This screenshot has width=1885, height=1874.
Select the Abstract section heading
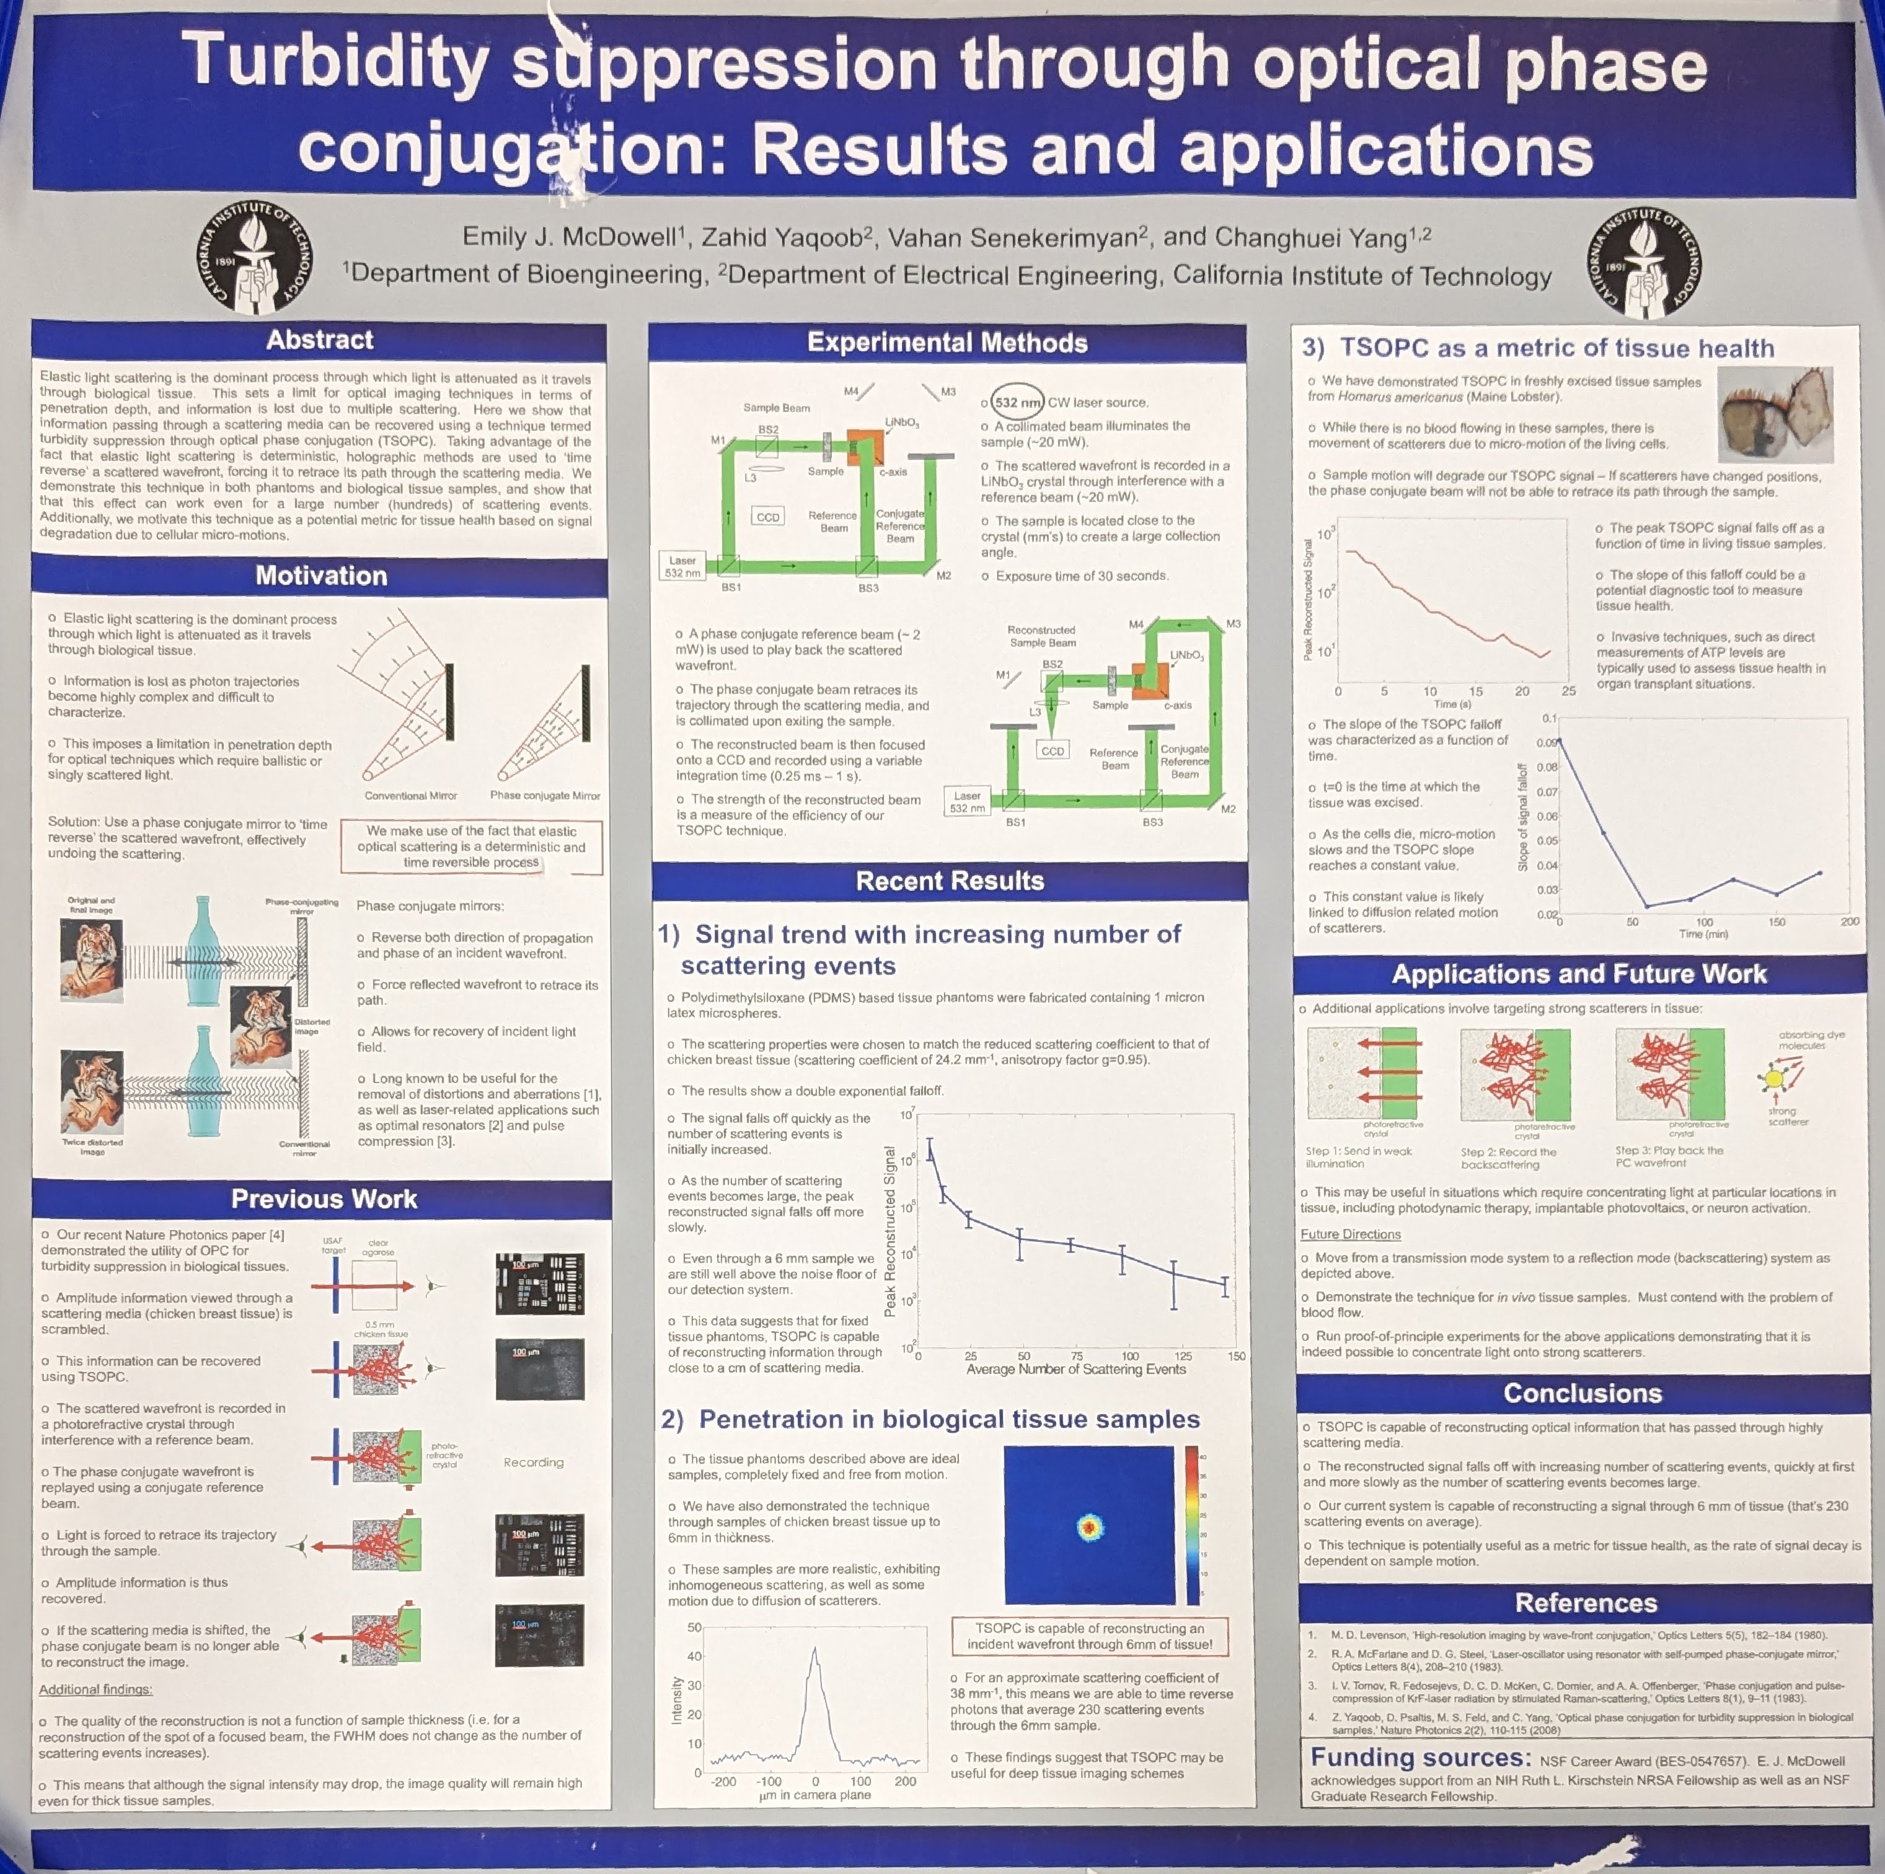(x=319, y=340)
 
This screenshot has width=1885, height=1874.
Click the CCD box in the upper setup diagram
(x=767, y=516)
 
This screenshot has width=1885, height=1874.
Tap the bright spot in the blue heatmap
(x=1089, y=1527)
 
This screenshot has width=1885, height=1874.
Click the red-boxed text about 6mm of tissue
(x=1089, y=1636)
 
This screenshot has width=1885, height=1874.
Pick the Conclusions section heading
(x=1581, y=1393)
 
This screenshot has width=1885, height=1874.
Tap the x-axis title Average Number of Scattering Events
(x=1075, y=1369)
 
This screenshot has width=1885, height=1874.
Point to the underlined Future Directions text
(x=1349, y=1234)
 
